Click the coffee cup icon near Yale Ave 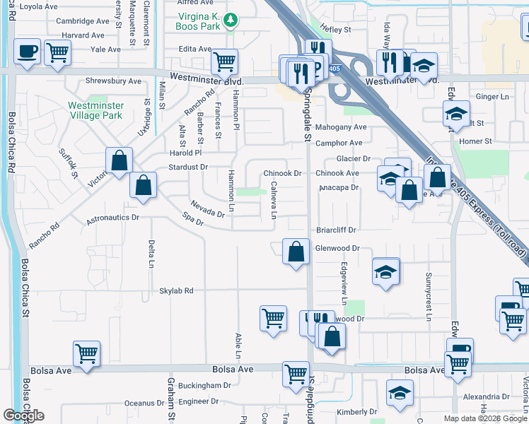pyautogui.click(x=27, y=52)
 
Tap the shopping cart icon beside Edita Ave pyautogui.click(x=224, y=61)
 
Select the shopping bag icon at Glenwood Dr pyautogui.click(x=296, y=251)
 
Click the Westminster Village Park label pyautogui.click(x=95, y=111)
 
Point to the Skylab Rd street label pyautogui.click(x=176, y=290)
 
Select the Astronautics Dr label pyautogui.click(x=112, y=218)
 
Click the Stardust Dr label pyautogui.click(x=188, y=167)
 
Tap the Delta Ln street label pyautogui.click(x=151, y=254)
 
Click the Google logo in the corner pyautogui.click(x=24, y=416)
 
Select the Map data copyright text pyautogui.click(x=482, y=418)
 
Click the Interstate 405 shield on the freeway pyautogui.click(x=334, y=69)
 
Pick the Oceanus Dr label pyautogui.click(x=144, y=403)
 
